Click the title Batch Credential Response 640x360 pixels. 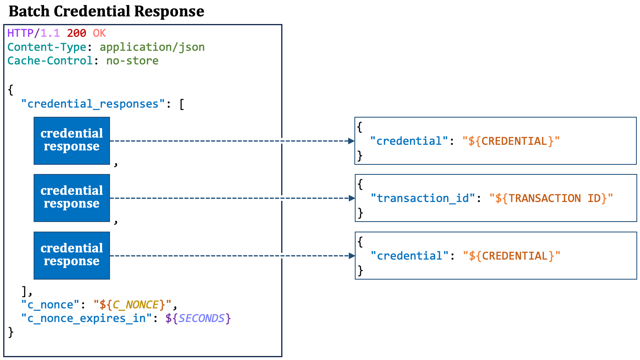pos(106,12)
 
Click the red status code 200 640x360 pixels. pos(76,33)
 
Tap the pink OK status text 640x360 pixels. pos(100,33)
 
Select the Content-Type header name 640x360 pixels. pos(47,47)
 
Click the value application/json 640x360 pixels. pos(152,48)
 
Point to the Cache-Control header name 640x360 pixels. pos(50,60)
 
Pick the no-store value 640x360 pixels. pos(132,60)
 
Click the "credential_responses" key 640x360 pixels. pos(93,104)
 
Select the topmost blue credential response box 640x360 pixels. pos(72,141)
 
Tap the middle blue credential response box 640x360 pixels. pos(72,198)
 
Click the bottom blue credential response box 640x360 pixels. pos(72,256)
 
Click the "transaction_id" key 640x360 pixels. pos(423,198)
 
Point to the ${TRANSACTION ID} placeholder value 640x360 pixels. pos(551,198)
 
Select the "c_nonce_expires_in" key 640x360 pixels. pos(86,318)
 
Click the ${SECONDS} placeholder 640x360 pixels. pos(198,318)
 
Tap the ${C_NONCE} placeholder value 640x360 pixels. pos(132,304)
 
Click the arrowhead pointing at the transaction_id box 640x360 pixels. pos(352,198)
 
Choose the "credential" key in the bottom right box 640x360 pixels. pos(410,256)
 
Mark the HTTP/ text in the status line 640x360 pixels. pos(24,33)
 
